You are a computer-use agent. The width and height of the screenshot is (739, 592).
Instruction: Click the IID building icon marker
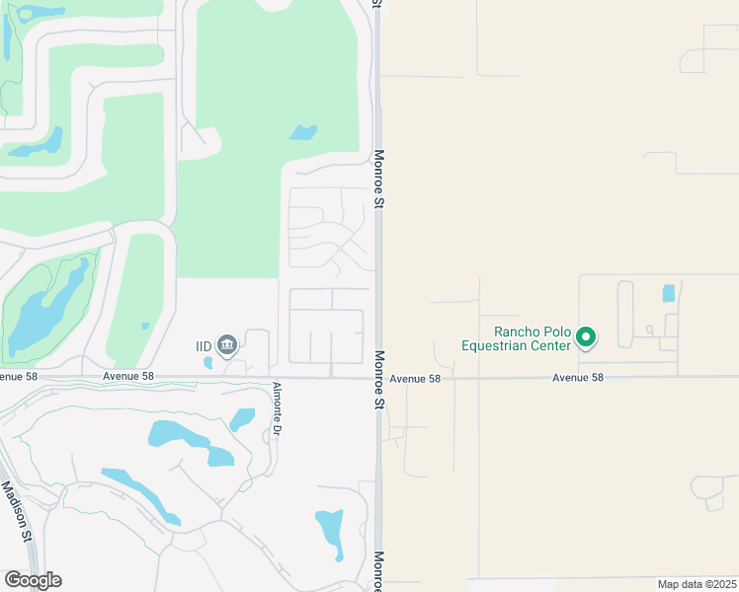(228, 344)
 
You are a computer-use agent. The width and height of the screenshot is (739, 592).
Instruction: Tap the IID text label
(204, 345)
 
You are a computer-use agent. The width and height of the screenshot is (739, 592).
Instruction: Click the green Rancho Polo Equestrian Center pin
(586, 337)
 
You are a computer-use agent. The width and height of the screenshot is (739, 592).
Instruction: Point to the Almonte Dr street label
(278, 408)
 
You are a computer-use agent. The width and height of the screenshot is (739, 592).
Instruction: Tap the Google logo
(33, 580)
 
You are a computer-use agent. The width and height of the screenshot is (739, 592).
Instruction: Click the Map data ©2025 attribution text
(697, 584)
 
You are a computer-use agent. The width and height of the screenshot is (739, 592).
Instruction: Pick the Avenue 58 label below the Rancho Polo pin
(577, 378)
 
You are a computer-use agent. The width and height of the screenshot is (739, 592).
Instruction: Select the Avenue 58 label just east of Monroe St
(414, 378)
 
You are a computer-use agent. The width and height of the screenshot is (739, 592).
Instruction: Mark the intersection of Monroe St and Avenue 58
(377, 377)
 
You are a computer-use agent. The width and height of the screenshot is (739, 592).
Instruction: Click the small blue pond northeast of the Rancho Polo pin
(669, 293)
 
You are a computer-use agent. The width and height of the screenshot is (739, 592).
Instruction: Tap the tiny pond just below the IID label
(207, 362)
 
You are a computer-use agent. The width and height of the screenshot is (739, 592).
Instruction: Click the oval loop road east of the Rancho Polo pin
(624, 313)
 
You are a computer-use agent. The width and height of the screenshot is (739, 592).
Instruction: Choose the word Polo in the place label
(555, 333)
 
